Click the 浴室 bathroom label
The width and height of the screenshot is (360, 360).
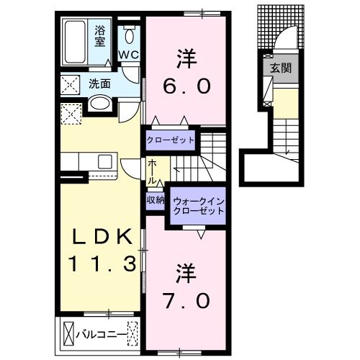click(100, 35)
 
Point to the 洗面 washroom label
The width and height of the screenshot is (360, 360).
click(99, 84)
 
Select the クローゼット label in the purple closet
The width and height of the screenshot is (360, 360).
click(170, 139)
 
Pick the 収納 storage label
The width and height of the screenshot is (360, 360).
click(156, 200)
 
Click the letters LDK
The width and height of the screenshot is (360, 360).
click(100, 236)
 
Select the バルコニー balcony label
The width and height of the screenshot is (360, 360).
click(101, 333)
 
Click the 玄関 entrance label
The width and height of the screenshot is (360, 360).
click(280, 69)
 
